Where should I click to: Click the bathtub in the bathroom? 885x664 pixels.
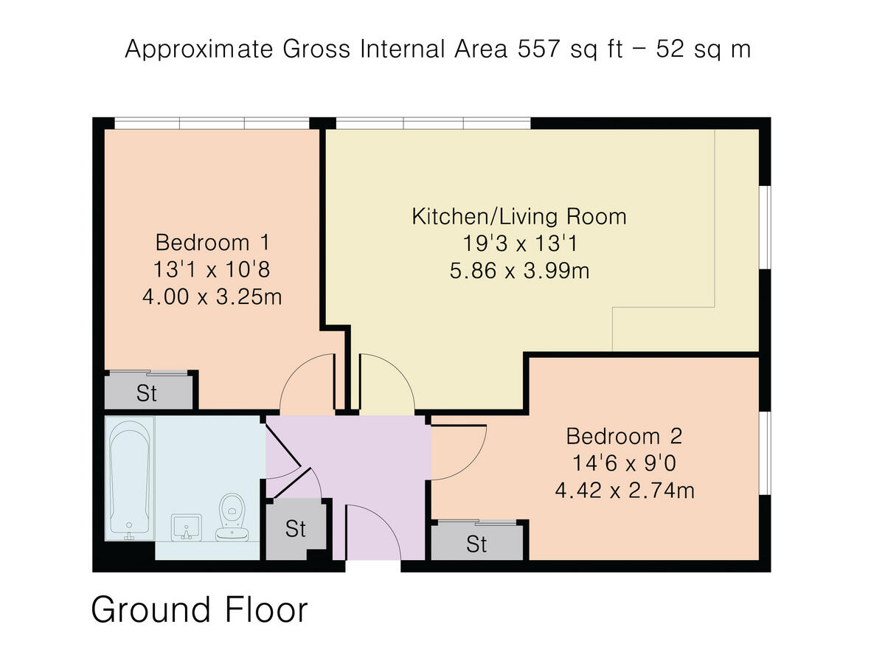pyautogui.click(x=130, y=480)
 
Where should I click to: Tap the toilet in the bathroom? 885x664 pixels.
pyautogui.click(x=232, y=517)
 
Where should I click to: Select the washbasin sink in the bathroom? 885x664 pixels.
pyautogui.click(x=187, y=528)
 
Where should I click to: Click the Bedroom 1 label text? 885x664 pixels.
pyautogui.click(x=212, y=243)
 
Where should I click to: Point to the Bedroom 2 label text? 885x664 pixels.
pyautogui.click(x=624, y=436)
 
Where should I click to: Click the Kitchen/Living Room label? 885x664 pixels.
pyautogui.click(x=519, y=216)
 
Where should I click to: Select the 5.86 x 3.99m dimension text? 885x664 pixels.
pyautogui.click(x=519, y=271)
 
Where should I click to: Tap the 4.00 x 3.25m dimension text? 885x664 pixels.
pyautogui.click(x=212, y=297)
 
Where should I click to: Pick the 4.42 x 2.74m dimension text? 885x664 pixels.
pyautogui.click(x=625, y=491)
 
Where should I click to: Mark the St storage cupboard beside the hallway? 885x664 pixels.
pyautogui.click(x=296, y=529)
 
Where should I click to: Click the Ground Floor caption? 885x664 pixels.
pyautogui.click(x=200, y=609)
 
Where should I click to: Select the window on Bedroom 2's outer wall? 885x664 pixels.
pyautogui.click(x=766, y=453)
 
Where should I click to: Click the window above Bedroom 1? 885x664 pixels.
pyautogui.click(x=212, y=123)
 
